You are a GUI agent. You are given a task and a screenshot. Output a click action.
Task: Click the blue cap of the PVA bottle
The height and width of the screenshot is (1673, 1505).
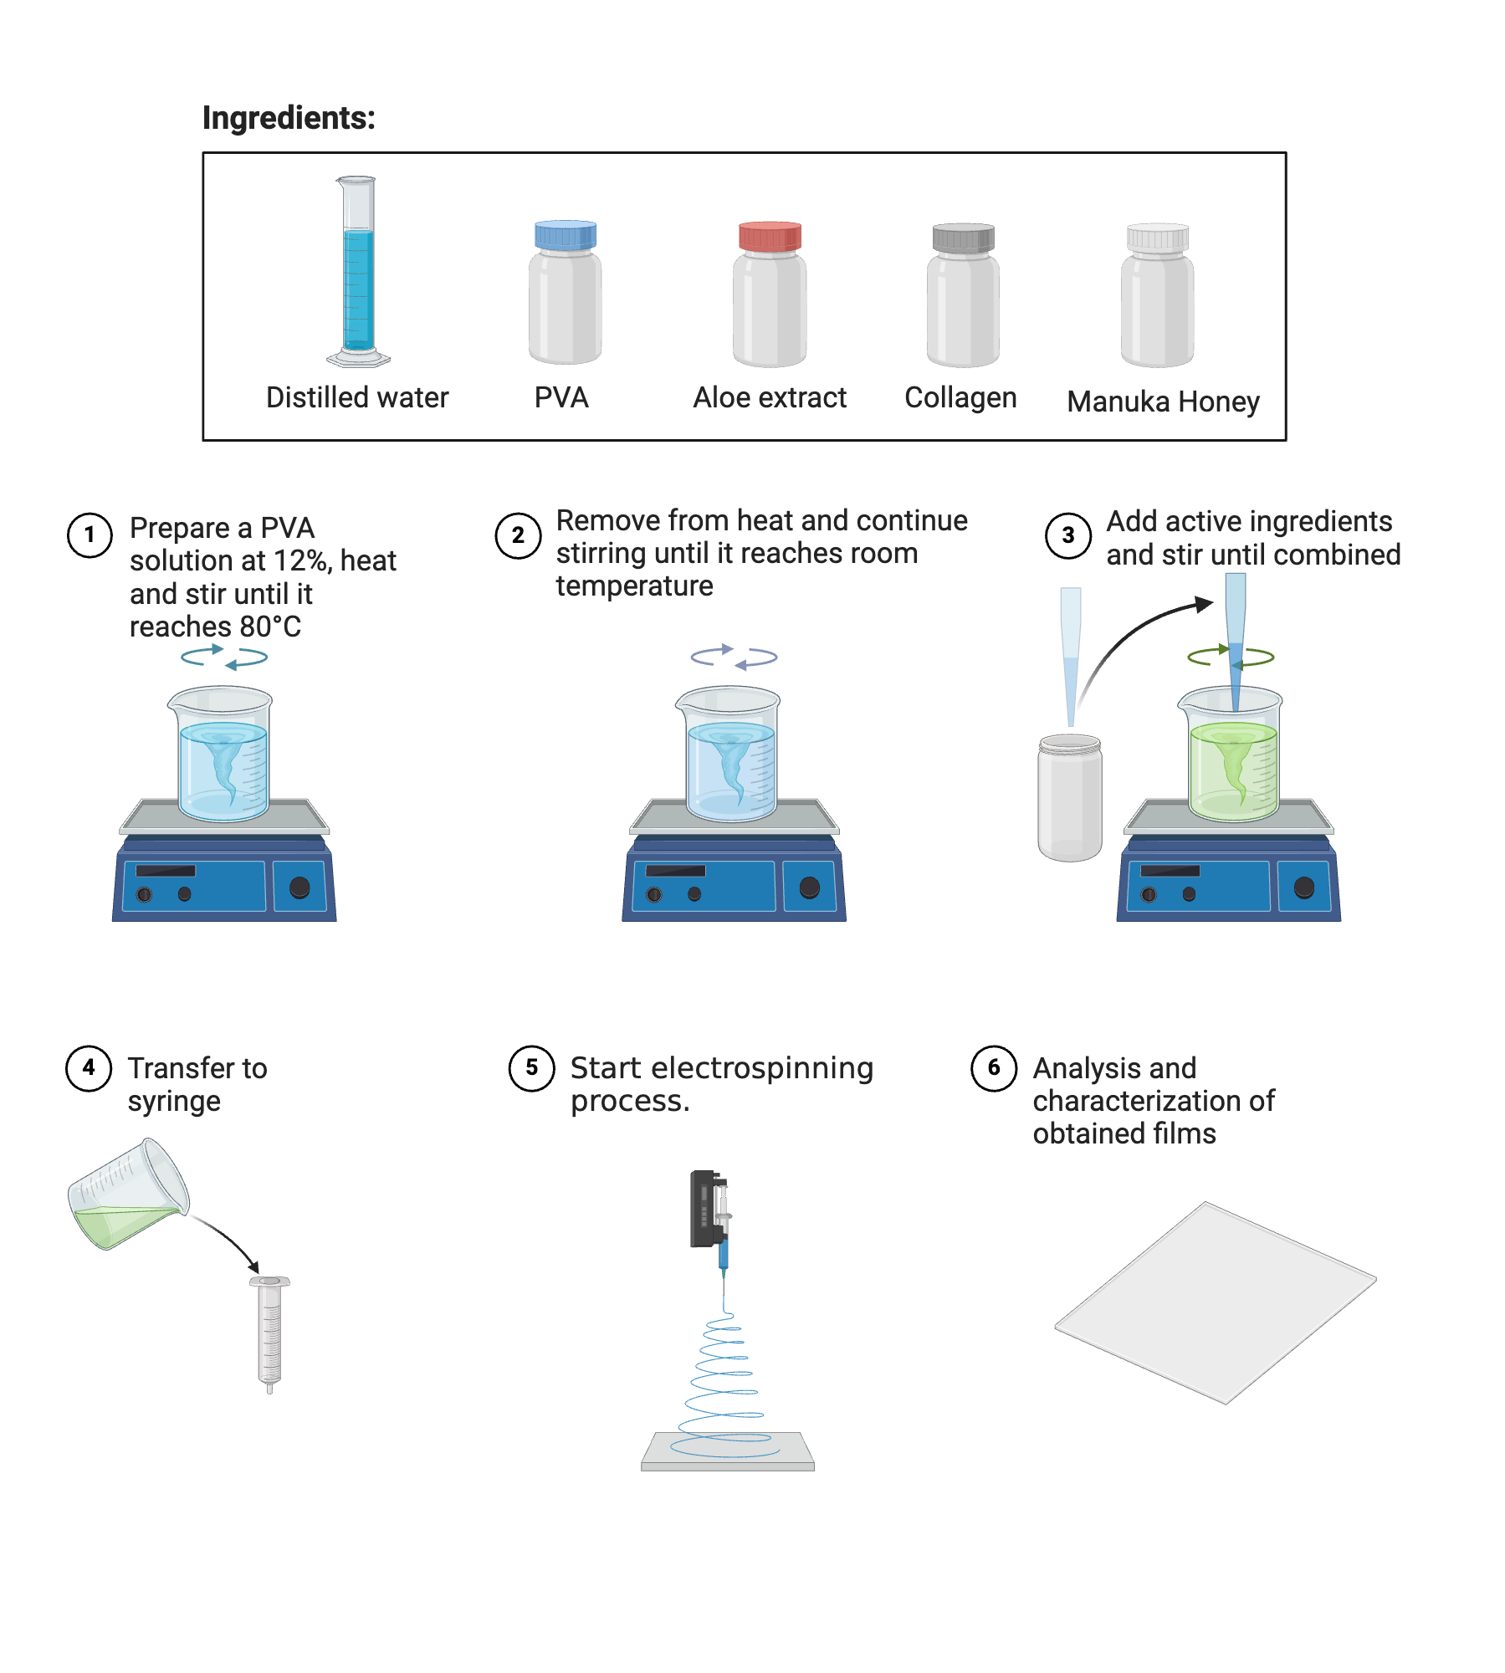(566, 235)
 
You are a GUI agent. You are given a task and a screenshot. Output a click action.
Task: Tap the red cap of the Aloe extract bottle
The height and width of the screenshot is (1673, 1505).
(770, 237)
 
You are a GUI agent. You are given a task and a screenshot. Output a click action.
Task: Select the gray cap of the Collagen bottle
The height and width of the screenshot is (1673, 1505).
(963, 238)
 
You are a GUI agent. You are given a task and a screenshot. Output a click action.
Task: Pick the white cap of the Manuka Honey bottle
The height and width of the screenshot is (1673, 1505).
(1157, 238)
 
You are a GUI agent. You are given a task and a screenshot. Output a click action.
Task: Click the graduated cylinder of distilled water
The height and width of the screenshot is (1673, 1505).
(358, 276)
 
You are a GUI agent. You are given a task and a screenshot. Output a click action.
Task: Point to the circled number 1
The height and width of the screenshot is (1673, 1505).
(90, 535)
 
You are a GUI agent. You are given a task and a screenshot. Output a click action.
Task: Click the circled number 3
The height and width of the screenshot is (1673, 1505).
(1067, 535)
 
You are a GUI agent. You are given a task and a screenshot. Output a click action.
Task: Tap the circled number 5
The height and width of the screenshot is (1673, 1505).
(531, 1068)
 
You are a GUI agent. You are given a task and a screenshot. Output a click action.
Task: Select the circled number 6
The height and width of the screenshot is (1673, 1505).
(993, 1068)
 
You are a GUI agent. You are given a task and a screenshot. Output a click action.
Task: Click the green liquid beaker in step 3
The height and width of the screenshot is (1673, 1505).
(1233, 765)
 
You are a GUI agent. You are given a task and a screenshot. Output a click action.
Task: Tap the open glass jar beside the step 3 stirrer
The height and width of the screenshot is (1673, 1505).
(1069, 799)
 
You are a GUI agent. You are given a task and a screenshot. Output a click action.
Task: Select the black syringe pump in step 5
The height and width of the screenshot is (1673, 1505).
(703, 1209)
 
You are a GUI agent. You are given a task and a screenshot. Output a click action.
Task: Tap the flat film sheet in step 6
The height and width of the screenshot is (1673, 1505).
(1215, 1302)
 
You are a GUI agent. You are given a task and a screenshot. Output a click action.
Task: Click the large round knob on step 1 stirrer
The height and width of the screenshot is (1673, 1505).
(299, 888)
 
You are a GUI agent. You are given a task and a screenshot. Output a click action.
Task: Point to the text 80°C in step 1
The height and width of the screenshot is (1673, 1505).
(269, 627)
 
